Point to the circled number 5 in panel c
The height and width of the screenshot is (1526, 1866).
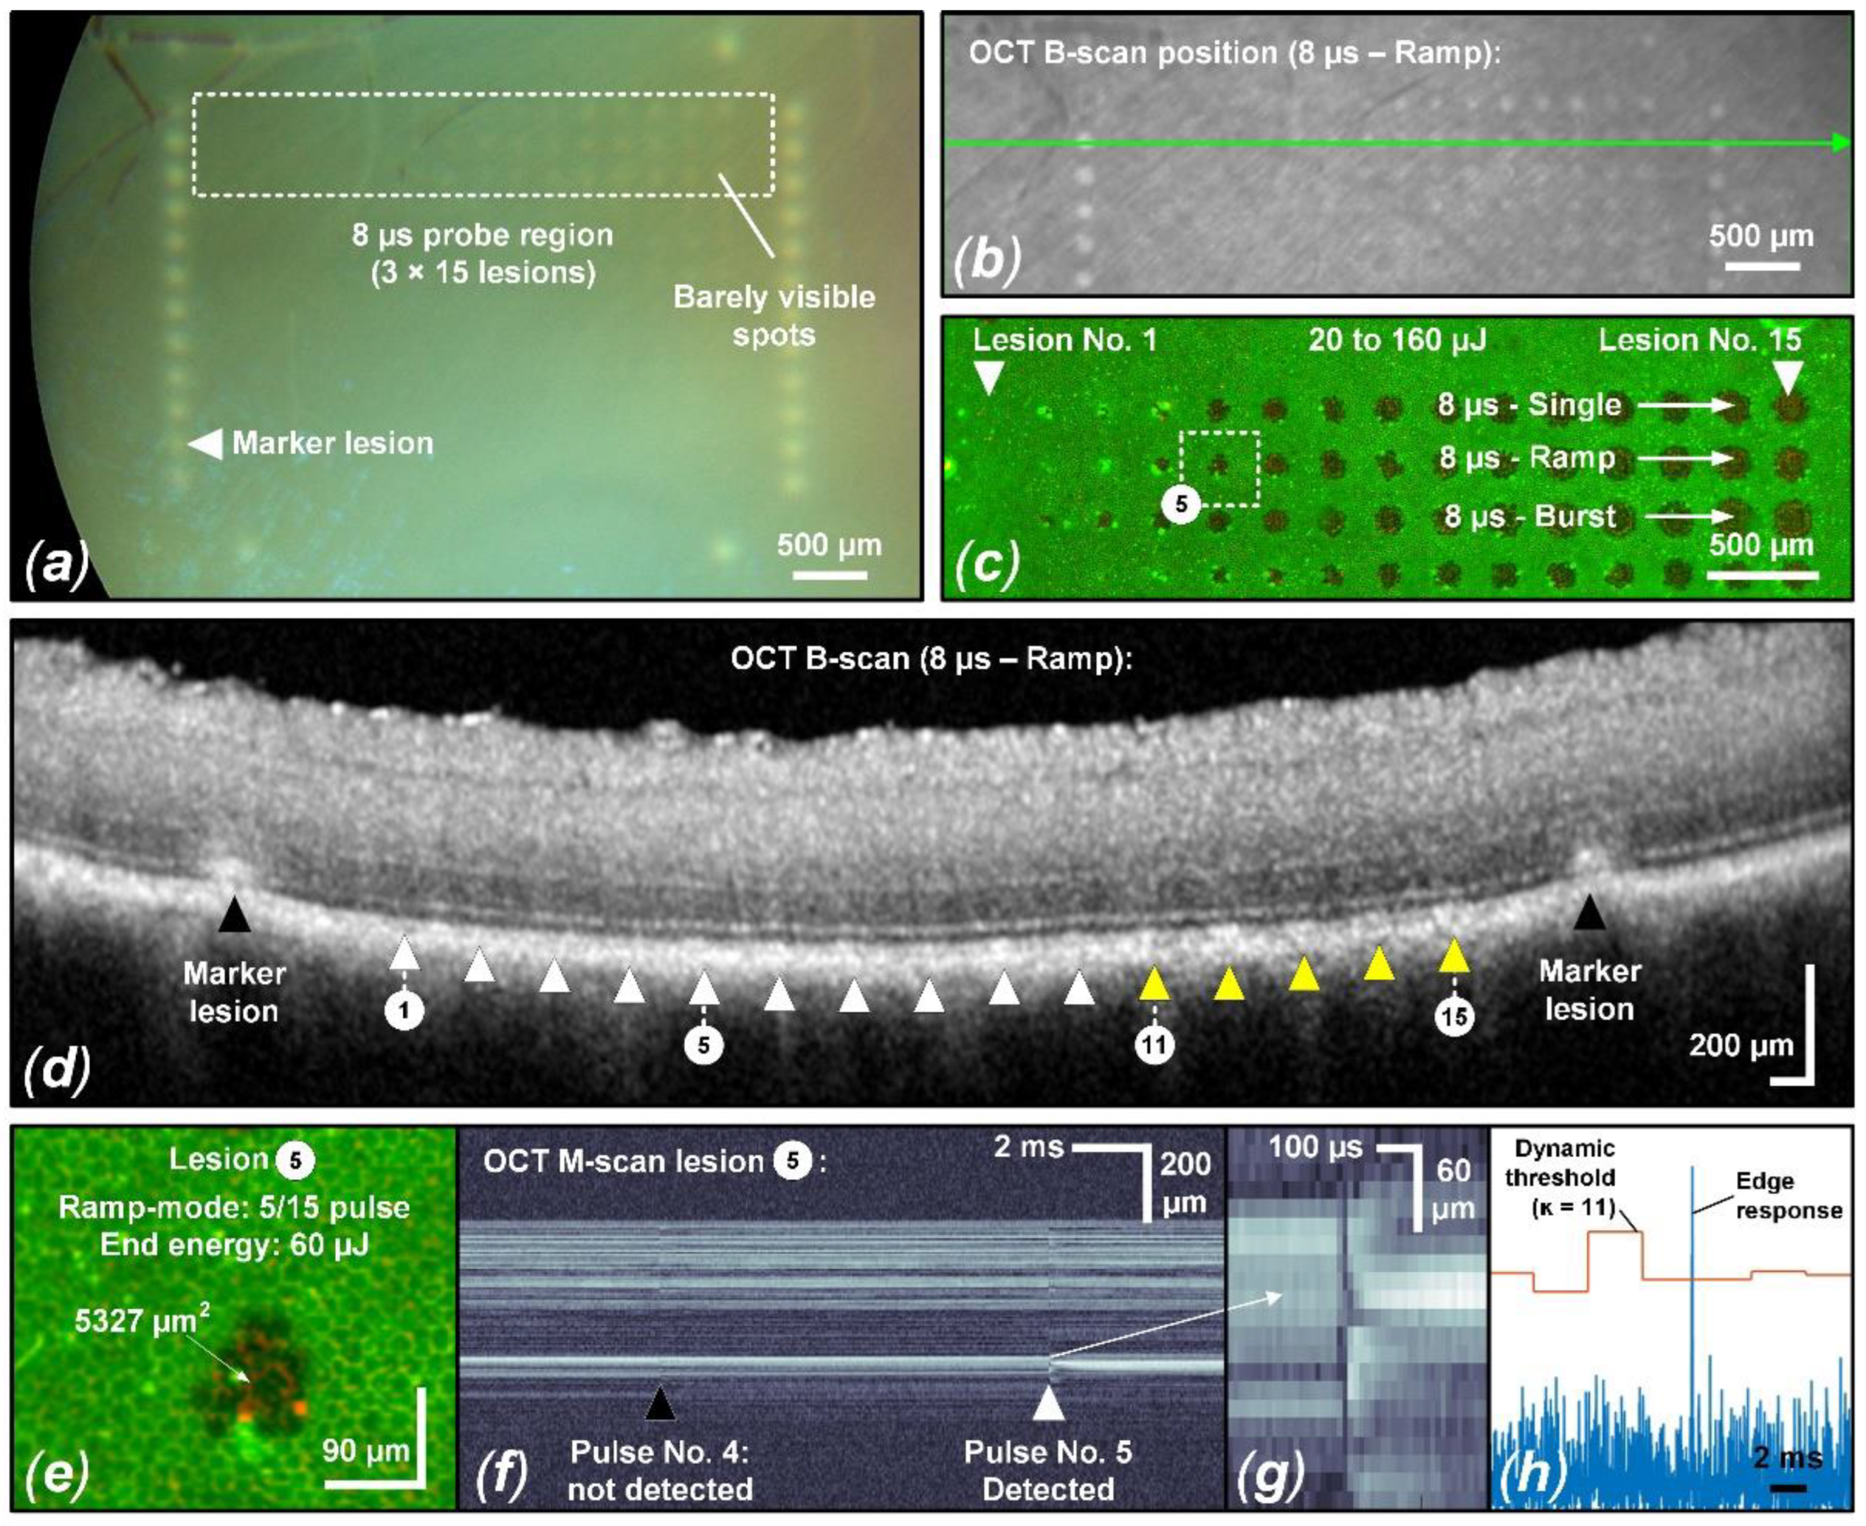[1181, 505]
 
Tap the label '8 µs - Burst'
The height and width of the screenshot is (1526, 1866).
[1529, 516]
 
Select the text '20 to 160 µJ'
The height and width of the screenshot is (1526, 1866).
[1397, 340]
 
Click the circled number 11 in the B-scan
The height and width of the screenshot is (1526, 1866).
[1154, 1045]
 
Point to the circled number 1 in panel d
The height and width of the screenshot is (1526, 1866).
[404, 1011]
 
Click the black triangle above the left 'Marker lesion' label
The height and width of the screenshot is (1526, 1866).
[234, 915]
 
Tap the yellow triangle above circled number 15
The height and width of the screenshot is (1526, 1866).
[1454, 956]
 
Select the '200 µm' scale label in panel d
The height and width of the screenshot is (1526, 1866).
[1741, 1045]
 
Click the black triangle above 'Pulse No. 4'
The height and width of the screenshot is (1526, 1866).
[660, 1405]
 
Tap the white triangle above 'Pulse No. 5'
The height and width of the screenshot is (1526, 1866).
[1048, 1404]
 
